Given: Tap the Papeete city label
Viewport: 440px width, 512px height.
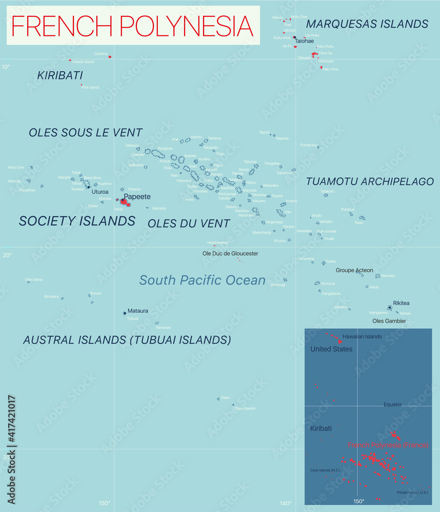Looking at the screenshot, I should pyautogui.click(x=137, y=196).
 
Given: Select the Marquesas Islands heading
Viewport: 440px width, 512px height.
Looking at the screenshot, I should pyautogui.click(x=367, y=24).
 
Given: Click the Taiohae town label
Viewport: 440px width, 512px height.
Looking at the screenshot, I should pyautogui.click(x=304, y=40).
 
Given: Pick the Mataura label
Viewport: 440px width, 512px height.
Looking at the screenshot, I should pyautogui.click(x=138, y=311).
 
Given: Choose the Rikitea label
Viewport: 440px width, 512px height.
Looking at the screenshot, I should pyautogui.click(x=401, y=303).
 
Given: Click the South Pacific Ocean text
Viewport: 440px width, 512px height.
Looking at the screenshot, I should pyautogui.click(x=203, y=280).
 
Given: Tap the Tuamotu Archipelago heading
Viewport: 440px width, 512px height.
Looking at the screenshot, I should pyautogui.click(x=370, y=182).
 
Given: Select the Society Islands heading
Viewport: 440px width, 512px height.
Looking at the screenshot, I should pyautogui.click(x=77, y=221).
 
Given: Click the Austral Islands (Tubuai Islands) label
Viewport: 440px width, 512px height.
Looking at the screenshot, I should pyautogui.click(x=127, y=339).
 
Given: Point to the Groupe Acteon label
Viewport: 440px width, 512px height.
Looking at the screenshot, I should pyautogui.click(x=354, y=270).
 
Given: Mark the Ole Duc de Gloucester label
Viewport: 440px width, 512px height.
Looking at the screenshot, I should pyautogui.click(x=230, y=253).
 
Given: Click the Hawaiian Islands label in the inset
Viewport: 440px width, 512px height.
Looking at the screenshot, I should pyautogui.click(x=362, y=336).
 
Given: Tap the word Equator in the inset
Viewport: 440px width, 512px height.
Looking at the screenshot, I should pyautogui.click(x=393, y=404).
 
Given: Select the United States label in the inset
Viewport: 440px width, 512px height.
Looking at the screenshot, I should pyautogui.click(x=331, y=349).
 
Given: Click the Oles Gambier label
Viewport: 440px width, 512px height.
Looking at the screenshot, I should pyautogui.click(x=389, y=321).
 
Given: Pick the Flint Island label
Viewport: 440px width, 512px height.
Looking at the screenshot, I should pyautogui.click(x=90, y=88).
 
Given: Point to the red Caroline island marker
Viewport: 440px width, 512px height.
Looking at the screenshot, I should pyautogui.click(x=110, y=57).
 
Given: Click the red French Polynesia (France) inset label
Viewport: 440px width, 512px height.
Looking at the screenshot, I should pyautogui.click(x=388, y=445).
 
